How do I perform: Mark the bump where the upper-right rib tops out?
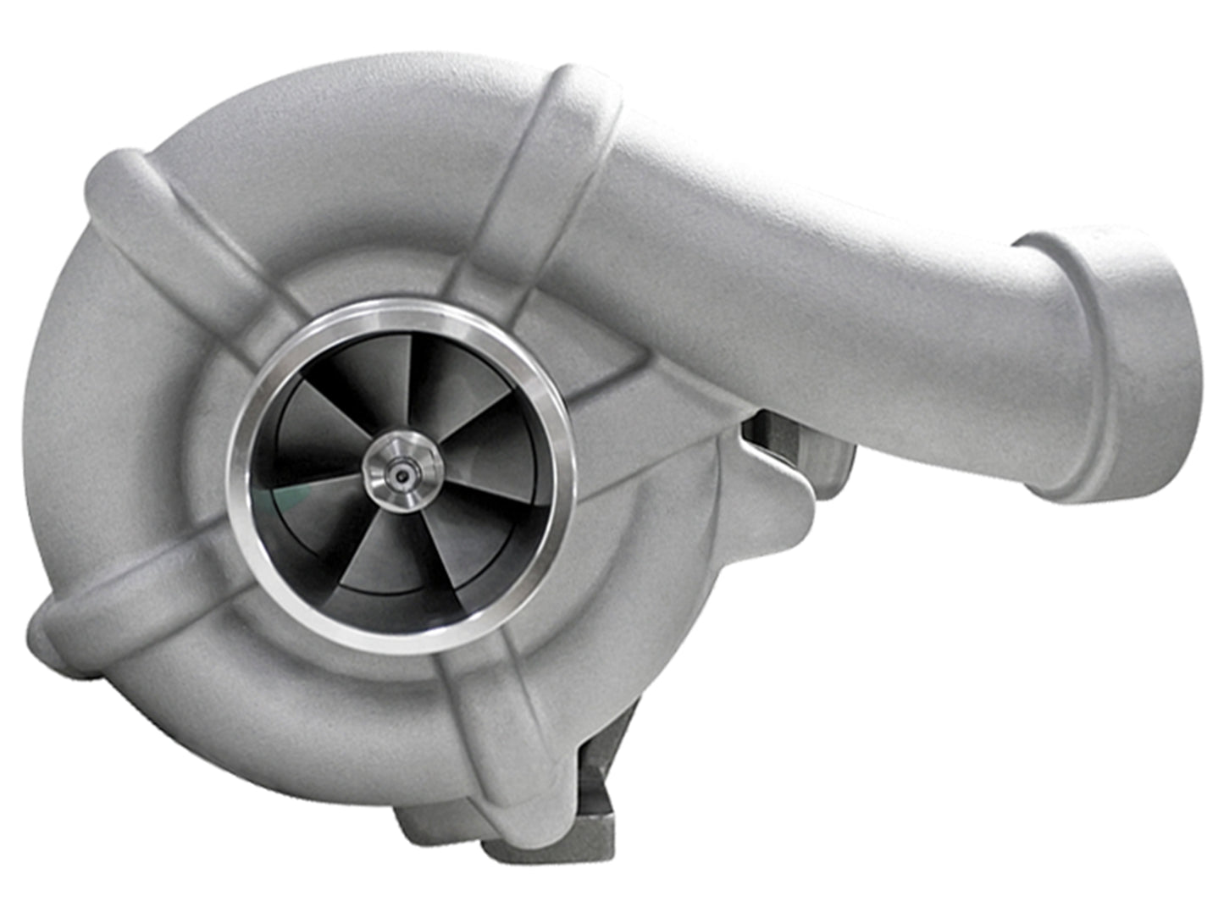pos(584,93)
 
